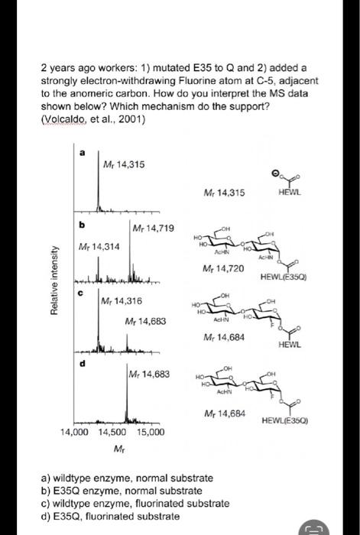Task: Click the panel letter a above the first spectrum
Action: click(81, 153)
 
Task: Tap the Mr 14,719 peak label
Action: click(154, 229)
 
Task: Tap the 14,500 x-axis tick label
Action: click(113, 433)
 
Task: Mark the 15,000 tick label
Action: click(151, 433)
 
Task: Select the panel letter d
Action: click(81, 363)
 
